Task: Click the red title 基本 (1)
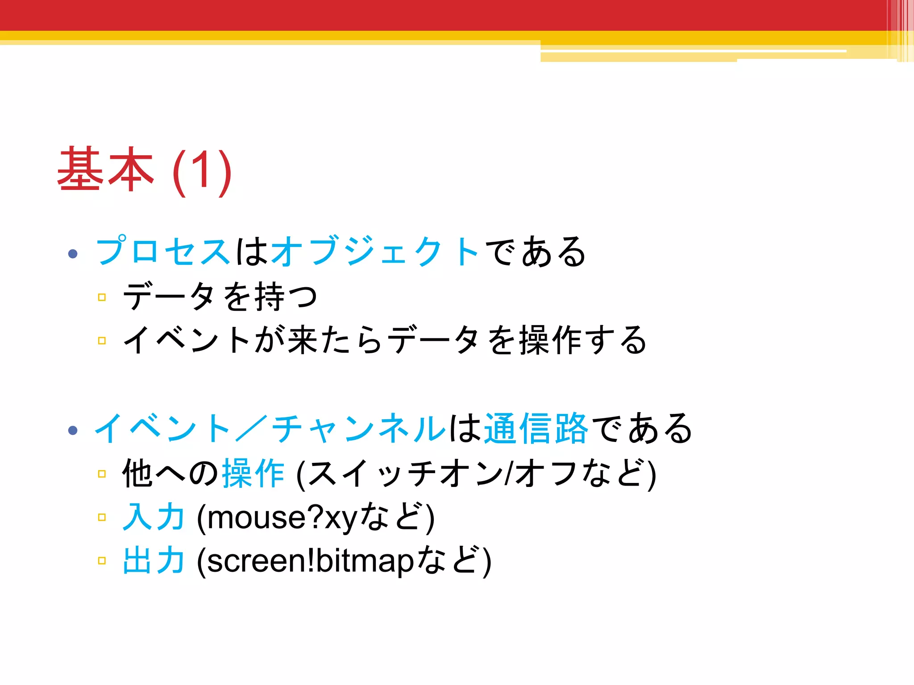[144, 170]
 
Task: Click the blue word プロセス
[163, 252]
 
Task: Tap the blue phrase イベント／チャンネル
[270, 428]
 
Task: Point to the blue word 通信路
[536, 428]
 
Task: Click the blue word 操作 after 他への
[253, 474]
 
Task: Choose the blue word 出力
[154, 561]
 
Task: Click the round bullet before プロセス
[73, 254]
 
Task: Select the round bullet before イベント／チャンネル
[73, 430]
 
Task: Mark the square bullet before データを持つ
[102, 297]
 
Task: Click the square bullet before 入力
[102, 517]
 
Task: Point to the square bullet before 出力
[102, 561]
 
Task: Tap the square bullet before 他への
[102, 474]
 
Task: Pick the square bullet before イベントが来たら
[102, 341]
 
